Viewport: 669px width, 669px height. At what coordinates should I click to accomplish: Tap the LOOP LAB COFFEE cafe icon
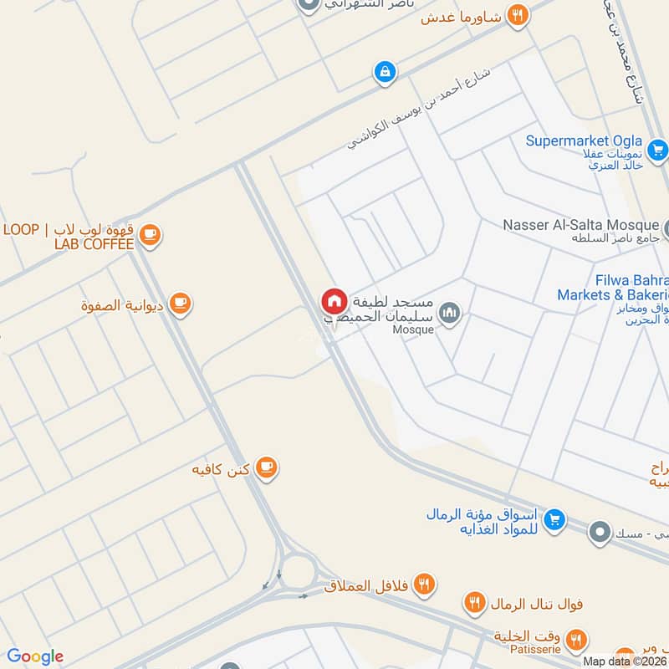click(x=150, y=235)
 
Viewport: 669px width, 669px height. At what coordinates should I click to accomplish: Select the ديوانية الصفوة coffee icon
click(x=180, y=304)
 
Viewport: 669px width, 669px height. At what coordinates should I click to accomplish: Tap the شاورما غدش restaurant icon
click(x=518, y=15)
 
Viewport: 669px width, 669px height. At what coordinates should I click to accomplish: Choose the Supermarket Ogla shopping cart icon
click(x=658, y=150)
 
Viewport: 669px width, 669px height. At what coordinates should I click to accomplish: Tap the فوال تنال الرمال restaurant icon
click(x=475, y=602)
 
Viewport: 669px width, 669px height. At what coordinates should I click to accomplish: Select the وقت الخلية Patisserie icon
click(x=575, y=641)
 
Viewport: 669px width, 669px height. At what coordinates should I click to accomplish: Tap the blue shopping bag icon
click(x=384, y=72)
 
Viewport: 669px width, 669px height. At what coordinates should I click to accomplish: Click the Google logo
click(x=35, y=656)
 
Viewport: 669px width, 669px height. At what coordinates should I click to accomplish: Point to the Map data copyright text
click(x=626, y=661)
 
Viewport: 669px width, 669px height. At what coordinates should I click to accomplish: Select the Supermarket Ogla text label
click(x=584, y=140)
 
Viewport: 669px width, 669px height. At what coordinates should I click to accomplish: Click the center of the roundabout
click(x=299, y=574)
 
